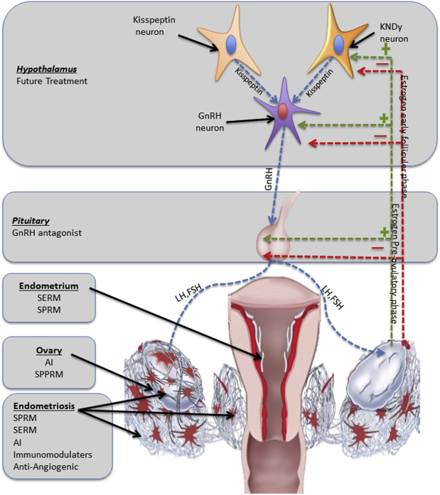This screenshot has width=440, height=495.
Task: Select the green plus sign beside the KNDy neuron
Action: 386,50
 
